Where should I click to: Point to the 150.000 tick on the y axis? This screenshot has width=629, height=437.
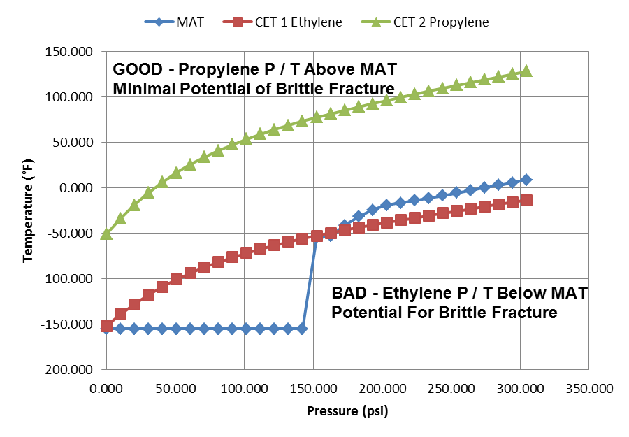click(72, 52)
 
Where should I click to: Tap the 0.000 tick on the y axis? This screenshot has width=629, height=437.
click(77, 188)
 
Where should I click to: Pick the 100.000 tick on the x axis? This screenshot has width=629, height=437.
click(243, 387)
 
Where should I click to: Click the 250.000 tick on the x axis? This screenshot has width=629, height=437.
click(449, 387)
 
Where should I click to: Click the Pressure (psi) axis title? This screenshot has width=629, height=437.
click(347, 411)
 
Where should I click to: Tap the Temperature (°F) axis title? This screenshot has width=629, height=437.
click(28, 210)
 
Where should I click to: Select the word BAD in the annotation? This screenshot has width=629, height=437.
click(348, 293)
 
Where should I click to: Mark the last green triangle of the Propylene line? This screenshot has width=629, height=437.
click(526, 71)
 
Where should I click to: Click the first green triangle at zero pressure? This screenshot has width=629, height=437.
click(106, 234)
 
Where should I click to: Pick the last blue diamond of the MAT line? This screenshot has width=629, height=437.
click(526, 180)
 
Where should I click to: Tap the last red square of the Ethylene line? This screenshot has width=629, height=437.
click(526, 200)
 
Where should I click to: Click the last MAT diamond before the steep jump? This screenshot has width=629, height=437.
click(302, 328)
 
